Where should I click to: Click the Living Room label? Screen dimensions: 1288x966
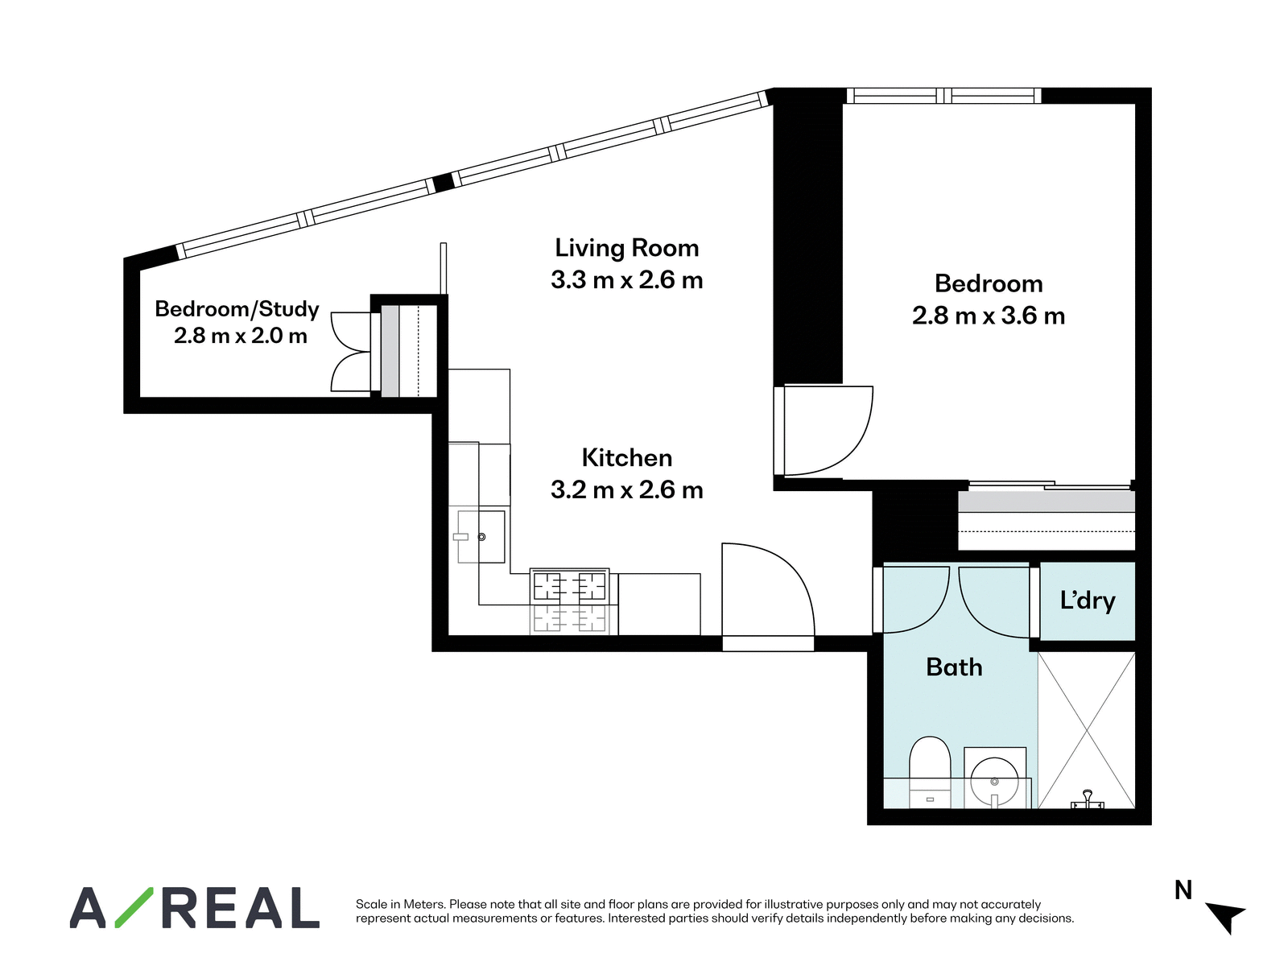click(x=626, y=248)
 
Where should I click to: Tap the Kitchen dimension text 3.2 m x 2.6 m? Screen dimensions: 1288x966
click(x=626, y=489)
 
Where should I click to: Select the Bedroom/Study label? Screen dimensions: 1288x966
click(x=237, y=309)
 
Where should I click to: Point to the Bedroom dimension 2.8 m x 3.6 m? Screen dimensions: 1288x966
click(x=989, y=316)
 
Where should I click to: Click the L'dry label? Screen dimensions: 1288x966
click(x=1088, y=601)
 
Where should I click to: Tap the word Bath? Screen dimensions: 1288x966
click(x=954, y=667)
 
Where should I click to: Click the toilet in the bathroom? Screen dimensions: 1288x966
click(x=930, y=772)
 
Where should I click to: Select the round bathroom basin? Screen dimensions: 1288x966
click(x=994, y=781)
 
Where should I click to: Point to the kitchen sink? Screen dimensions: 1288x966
click(x=481, y=537)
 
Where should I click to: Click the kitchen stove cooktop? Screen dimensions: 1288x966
click(x=569, y=587)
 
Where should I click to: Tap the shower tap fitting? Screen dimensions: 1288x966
click(x=1088, y=800)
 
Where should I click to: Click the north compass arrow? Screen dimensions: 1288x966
click(x=1228, y=918)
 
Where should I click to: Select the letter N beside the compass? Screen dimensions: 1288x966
click(x=1183, y=890)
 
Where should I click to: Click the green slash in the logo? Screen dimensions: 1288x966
click(x=134, y=907)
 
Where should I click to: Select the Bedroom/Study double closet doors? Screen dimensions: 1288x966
click(x=351, y=352)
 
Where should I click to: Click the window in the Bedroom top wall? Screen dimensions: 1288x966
click(x=943, y=96)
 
